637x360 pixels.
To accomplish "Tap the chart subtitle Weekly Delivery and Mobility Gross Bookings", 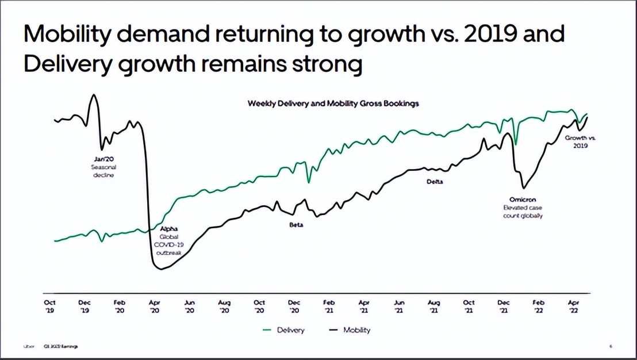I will [x=333, y=104].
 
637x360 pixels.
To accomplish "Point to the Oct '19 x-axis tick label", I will [x=50, y=306].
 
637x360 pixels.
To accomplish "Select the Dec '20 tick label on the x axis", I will [x=294, y=306].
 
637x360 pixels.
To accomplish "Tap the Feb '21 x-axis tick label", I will [x=329, y=306].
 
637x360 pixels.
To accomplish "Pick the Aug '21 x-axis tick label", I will [x=434, y=306].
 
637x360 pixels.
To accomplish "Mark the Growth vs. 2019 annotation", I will [x=580, y=141].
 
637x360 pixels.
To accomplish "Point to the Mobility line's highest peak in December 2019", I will [x=94, y=94].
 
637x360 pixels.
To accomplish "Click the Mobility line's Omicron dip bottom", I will [x=523, y=187].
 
